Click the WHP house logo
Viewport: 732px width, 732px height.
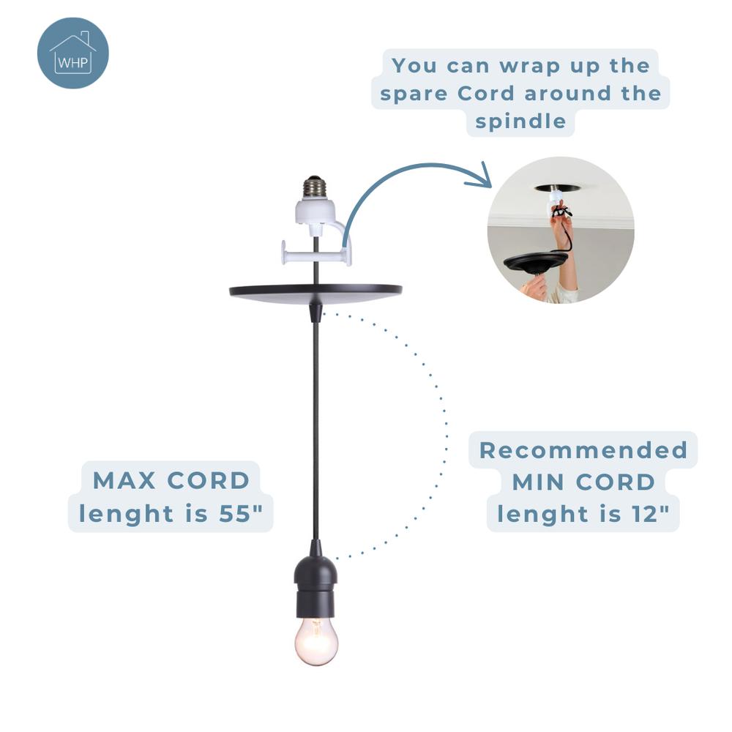73,53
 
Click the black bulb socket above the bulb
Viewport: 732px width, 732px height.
315,585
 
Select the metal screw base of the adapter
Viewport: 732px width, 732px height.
315,186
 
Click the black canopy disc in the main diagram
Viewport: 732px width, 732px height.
315,291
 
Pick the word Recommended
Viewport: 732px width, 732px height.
583,450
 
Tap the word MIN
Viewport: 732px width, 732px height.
542,482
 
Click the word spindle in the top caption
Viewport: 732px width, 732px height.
520,121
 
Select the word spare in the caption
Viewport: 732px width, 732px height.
415,94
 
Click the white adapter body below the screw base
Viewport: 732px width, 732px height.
315,212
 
